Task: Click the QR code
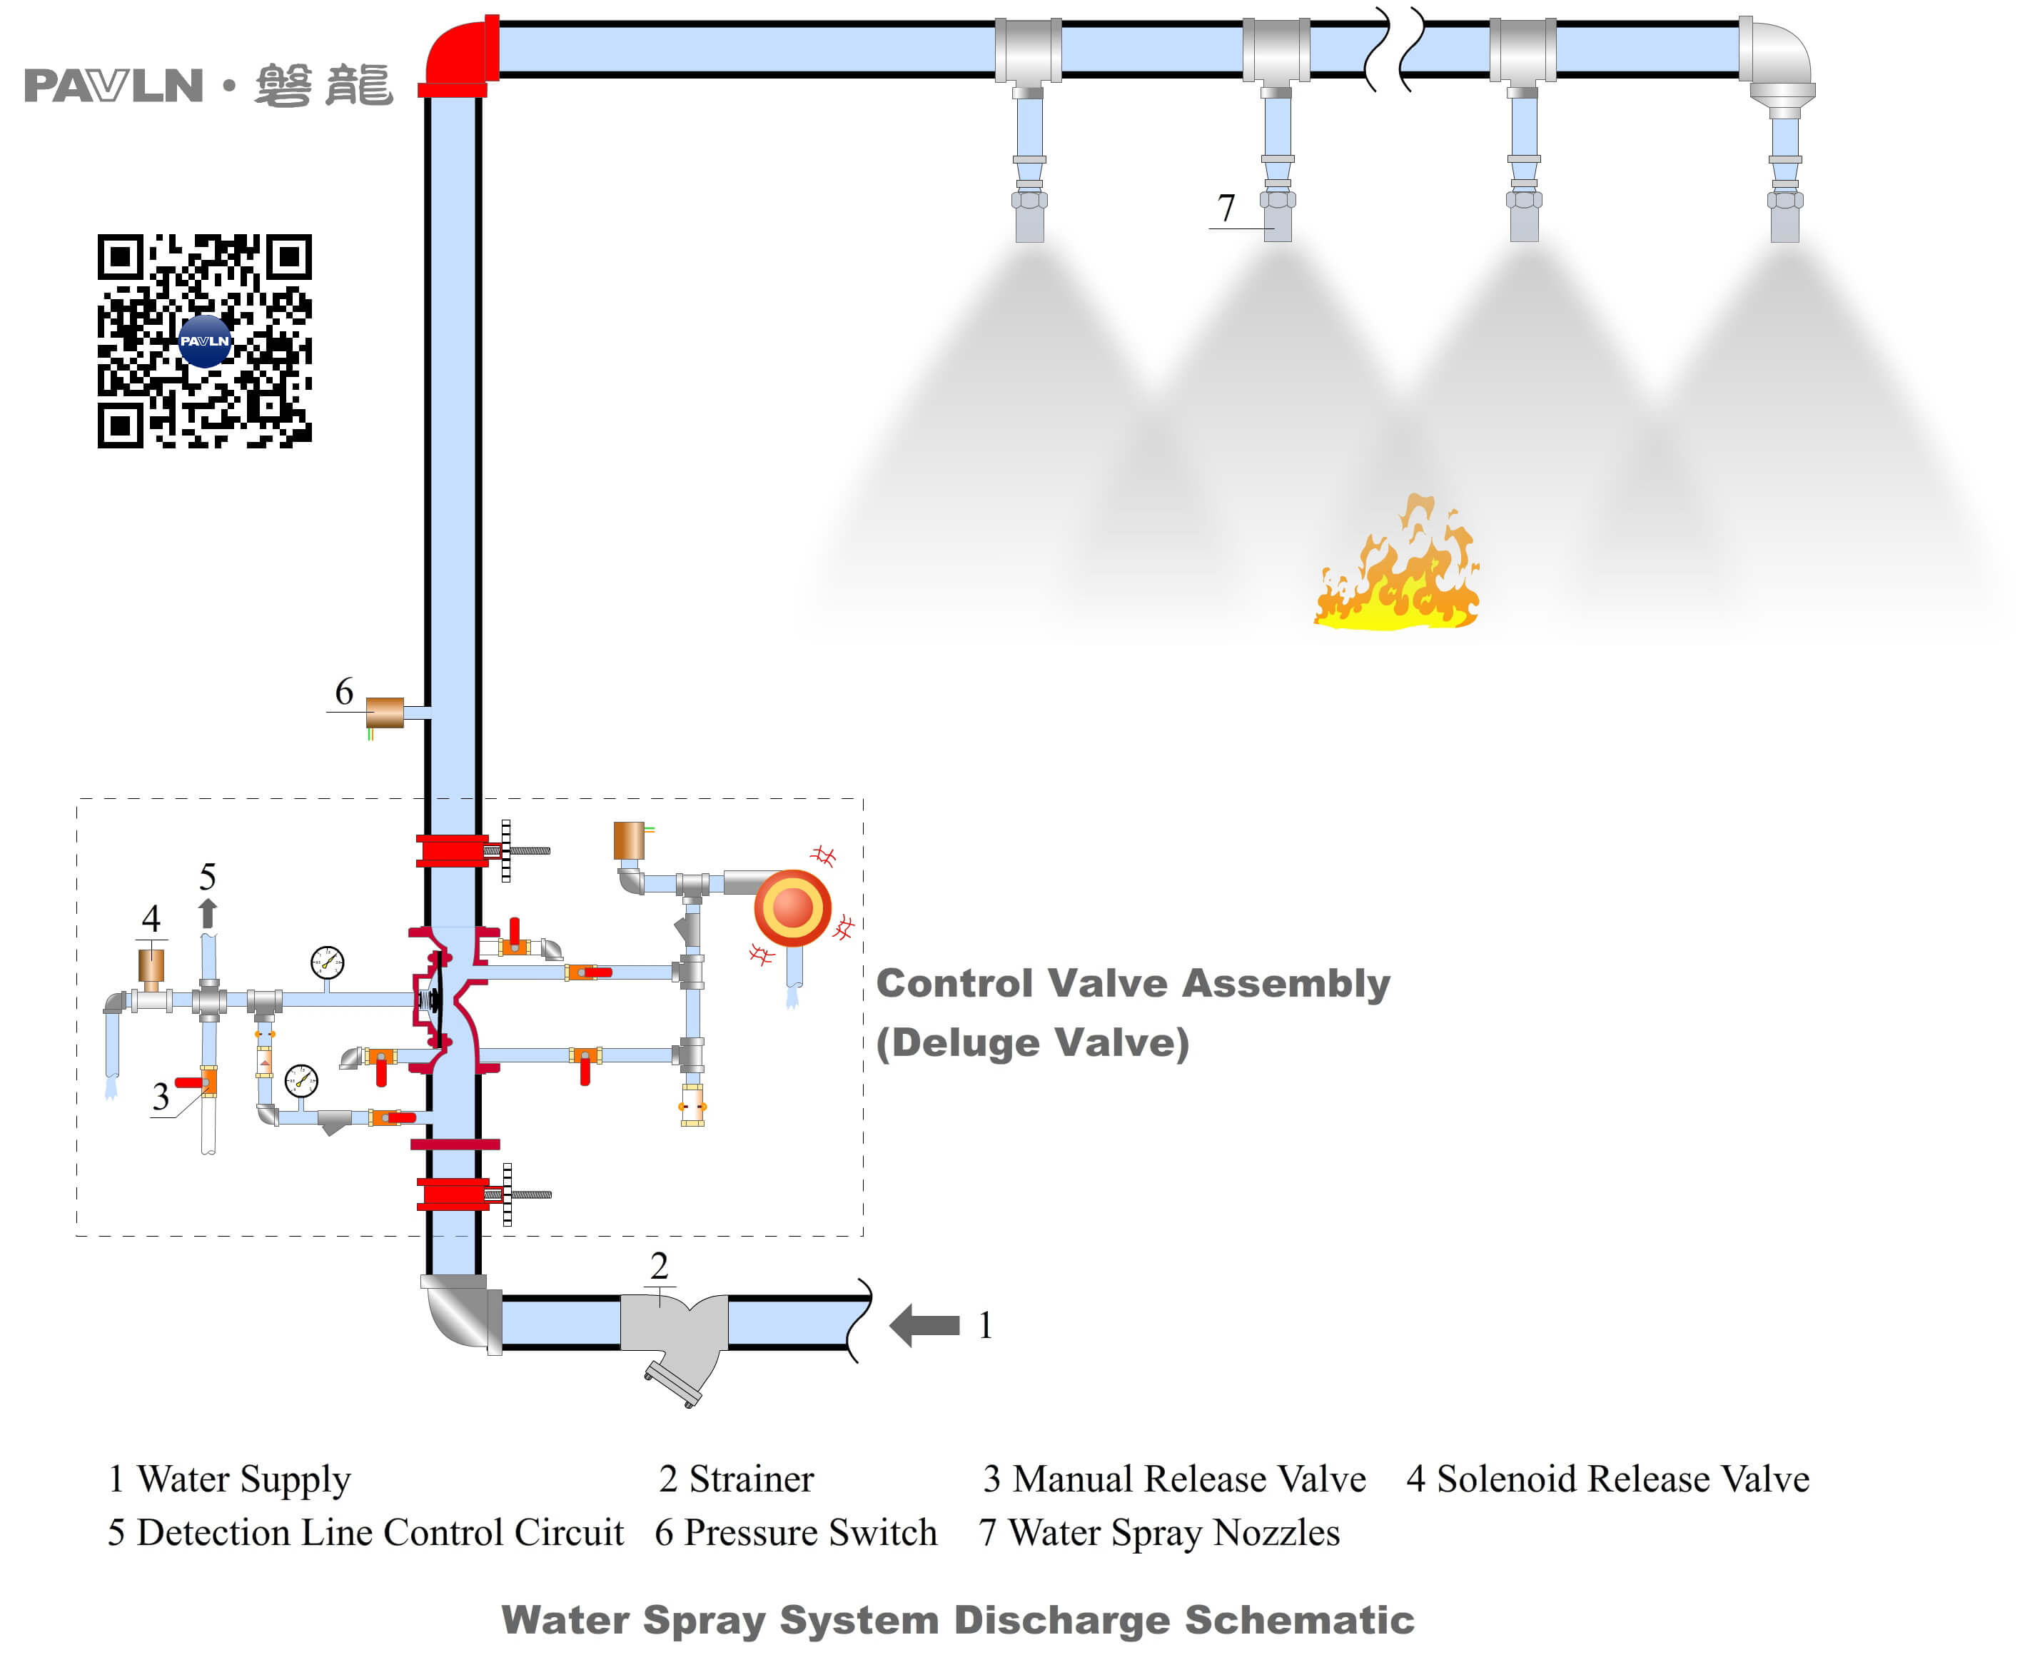pyautogui.click(x=204, y=341)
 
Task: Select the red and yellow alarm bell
pyautogui.click(x=792, y=907)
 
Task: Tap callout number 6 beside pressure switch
pyautogui.click(x=343, y=691)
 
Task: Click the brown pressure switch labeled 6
pyautogui.click(x=385, y=713)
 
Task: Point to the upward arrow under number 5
pyautogui.click(x=207, y=913)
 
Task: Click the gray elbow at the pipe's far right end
pyautogui.click(x=1780, y=63)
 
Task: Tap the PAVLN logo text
pyautogui.click(x=113, y=86)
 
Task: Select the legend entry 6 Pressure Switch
pyautogui.click(x=796, y=1532)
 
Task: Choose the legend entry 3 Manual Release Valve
pyautogui.click(x=1173, y=1478)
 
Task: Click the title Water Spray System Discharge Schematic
pyautogui.click(x=957, y=1620)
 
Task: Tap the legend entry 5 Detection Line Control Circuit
pyautogui.click(x=365, y=1532)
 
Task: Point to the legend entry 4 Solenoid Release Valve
pyautogui.click(x=1607, y=1478)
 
